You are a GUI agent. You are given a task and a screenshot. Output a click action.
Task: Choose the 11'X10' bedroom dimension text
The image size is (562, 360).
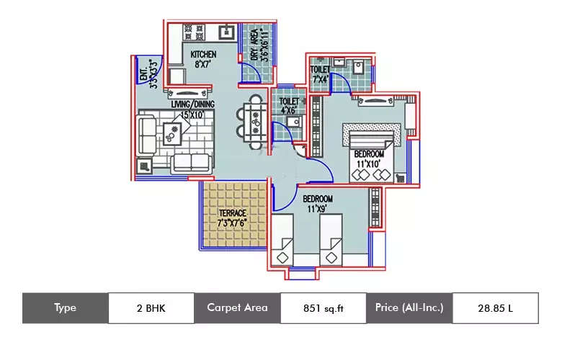point(368,164)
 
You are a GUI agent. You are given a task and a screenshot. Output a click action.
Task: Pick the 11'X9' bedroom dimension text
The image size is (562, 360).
point(317,208)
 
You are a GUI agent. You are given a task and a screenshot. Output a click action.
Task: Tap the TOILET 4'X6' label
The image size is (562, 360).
point(288,107)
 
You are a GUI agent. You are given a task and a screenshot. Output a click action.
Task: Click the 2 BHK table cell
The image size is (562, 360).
point(151,308)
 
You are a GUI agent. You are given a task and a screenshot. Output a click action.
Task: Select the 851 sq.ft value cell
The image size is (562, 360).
point(323,308)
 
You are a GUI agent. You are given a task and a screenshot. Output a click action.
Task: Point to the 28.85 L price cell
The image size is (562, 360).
point(495,308)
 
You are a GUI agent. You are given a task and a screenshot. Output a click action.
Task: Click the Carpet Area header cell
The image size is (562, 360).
point(237,308)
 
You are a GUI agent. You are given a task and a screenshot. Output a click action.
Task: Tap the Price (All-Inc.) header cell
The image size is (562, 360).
point(409,308)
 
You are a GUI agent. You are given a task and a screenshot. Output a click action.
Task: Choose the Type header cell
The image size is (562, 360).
point(65,308)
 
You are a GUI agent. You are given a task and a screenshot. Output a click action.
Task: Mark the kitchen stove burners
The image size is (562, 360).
point(194,32)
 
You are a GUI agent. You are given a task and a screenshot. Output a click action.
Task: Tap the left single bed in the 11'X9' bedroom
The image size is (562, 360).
point(286,241)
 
